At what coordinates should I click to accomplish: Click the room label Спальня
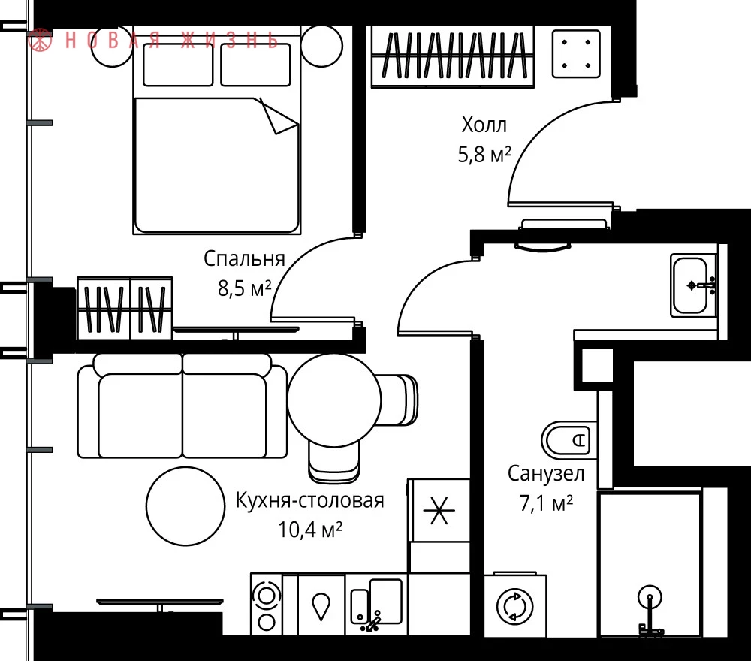coord(244,260)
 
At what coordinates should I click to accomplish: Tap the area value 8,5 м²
coord(245,288)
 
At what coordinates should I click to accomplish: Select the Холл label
coord(484,125)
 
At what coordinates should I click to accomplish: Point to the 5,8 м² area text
coord(484,155)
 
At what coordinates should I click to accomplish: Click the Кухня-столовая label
coord(310,500)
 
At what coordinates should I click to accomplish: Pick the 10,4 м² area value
coord(310,530)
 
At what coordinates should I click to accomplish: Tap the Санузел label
coord(546,474)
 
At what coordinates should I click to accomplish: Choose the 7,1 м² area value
coord(547,503)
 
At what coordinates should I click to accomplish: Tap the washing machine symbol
coord(515,606)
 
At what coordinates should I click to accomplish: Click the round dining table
coord(334,400)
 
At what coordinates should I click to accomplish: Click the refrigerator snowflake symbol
coord(439,509)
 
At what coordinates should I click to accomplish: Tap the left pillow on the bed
coord(178,65)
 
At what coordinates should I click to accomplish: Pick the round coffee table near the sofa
coord(185,506)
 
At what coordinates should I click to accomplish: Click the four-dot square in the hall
coord(576,53)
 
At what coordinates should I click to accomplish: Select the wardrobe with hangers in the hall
coord(453,56)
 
